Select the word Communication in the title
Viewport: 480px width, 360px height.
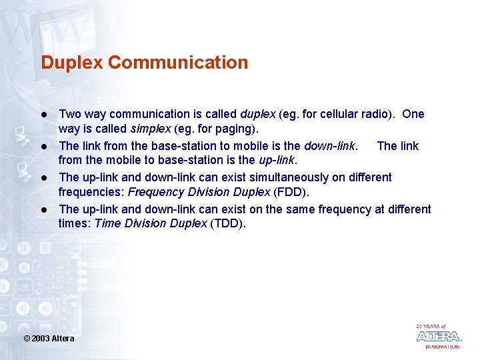[178, 63]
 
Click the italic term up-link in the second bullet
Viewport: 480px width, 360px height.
[276, 159]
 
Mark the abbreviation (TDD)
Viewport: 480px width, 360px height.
[228, 223]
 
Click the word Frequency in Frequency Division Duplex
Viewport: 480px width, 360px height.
[153, 191]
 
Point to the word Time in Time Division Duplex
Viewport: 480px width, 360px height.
[107, 223]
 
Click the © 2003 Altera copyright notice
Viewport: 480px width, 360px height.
[49, 339]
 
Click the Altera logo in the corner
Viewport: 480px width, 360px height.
[438, 337]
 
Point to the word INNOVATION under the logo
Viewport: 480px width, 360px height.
[443, 347]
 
